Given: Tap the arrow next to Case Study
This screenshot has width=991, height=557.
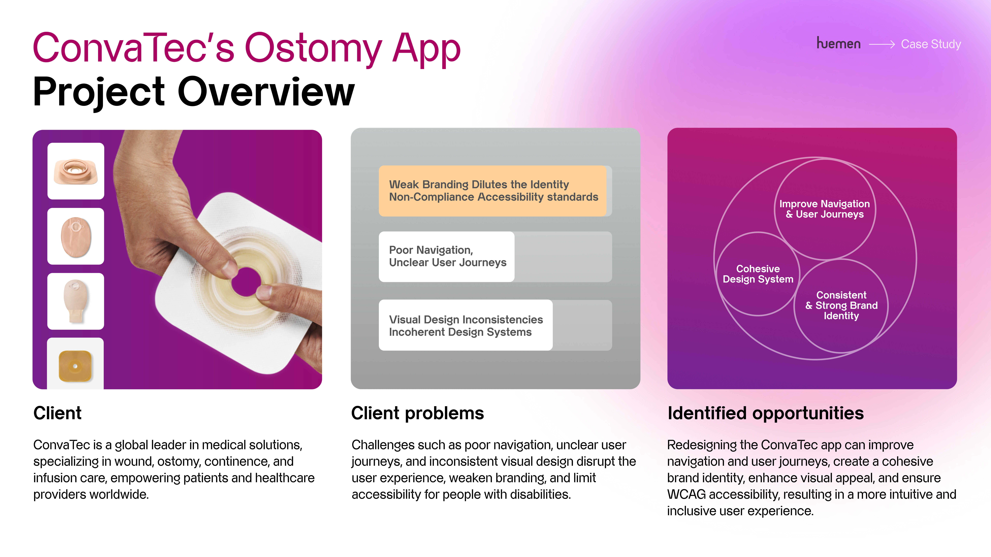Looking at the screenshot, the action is click(x=882, y=45).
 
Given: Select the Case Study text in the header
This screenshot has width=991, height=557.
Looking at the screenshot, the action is click(x=931, y=44).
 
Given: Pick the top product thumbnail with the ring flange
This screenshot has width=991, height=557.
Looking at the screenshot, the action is click(x=76, y=171).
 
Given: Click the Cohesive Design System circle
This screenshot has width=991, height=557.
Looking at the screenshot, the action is click(x=758, y=274).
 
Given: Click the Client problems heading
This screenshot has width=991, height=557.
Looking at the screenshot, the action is click(x=417, y=413).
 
